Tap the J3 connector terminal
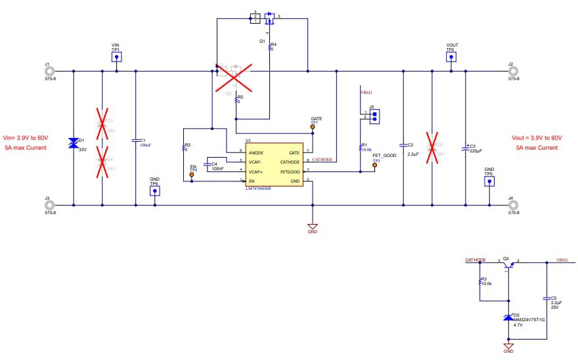click(x=49, y=205)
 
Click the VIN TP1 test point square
click(x=116, y=57)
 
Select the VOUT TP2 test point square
click(x=451, y=57)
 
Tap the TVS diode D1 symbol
click(x=73, y=144)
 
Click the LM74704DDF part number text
click(x=259, y=188)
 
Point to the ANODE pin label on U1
click(x=256, y=152)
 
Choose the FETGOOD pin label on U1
click(x=290, y=171)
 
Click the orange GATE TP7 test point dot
click(x=313, y=127)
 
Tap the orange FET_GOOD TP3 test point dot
click(x=375, y=165)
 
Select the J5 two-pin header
click(x=374, y=116)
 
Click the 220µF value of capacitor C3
click(x=476, y=151)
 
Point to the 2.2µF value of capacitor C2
click(x=413, y=154)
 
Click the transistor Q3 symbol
click(x=508, y=264)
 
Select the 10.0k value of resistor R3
click(x=487, y=283)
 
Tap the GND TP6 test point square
click(x=154, y=191)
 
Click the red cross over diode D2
click(x=432, y=147)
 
